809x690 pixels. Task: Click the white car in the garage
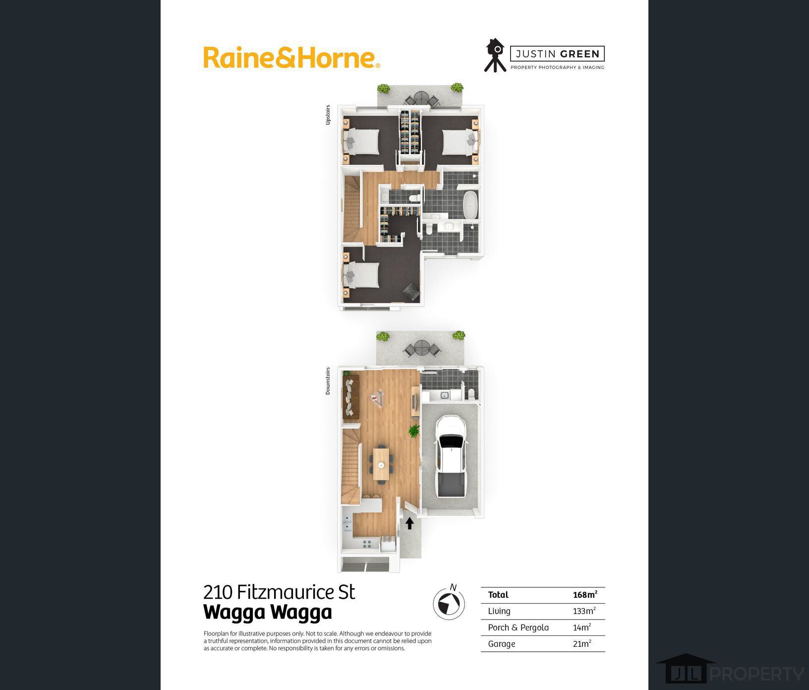[x=451, y=456]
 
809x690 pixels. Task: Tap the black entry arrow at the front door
[x=409, y=523]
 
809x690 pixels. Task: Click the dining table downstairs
[x=381, y=464]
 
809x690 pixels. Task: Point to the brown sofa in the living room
[x=350, y=397]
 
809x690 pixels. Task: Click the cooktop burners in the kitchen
[x=367, y=544]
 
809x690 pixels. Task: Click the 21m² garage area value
[x=581, y=644]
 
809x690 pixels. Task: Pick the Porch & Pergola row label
[x=518, y=628]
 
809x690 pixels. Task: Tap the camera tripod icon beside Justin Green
[x=495, y=56]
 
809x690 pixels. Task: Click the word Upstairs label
[x=328, y=115]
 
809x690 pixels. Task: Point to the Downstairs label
[x=328, y=381]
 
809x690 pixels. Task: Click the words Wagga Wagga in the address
[x=267, y=612]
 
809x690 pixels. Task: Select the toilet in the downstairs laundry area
[x=471, y=394]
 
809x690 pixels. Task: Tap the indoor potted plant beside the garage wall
[x=413, y=431]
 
